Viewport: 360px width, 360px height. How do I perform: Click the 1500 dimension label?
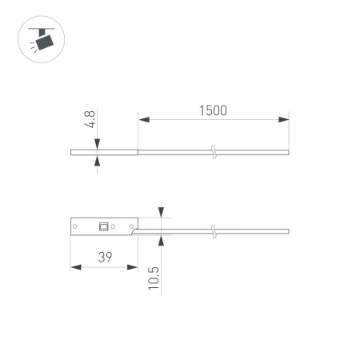(x=213, y=110)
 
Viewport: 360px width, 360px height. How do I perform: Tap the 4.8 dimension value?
(x=90, y=119)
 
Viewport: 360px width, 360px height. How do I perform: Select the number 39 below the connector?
(x=105, y=257)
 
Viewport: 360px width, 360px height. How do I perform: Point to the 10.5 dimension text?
(x=154, y=278)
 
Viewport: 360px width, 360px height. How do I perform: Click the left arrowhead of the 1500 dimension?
(x=144, y=119)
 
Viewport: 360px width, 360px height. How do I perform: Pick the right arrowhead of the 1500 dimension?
(x=284, y=119)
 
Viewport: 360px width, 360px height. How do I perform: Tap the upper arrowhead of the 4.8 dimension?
(x=97, y=144)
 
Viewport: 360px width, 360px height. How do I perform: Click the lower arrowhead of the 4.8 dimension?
(x=97, y=161)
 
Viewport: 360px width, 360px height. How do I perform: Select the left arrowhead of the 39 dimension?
(x=76, y=267)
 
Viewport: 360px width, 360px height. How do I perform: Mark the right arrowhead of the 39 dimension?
(x=133, y=267)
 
